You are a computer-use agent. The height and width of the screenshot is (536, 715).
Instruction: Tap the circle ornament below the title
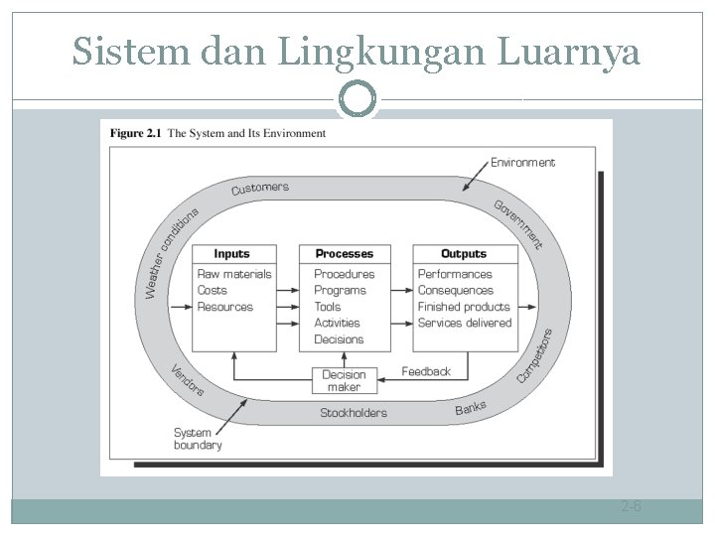pyautogui.click(x=357, y=99)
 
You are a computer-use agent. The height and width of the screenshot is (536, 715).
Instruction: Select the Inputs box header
pyautogui.click(x=231, y=254)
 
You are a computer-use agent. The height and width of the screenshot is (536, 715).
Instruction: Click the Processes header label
pyautogui.click(x=345, y=254)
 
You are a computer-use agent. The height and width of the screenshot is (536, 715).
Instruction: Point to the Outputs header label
pyautogui.click(x=464, y=254)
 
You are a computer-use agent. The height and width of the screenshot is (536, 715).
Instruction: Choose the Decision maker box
pyautogui.click(x=345, y=380)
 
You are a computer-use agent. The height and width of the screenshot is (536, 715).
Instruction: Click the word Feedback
pyautogui.click(x=426, y=371)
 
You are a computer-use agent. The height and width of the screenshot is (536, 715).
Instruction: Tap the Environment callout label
pyautogui.click(x=522, y=162)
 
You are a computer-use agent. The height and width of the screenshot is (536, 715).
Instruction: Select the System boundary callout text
pyautogui.click(x=198, y=439)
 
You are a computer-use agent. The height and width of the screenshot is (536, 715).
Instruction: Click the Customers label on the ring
pyautogui.click(x=260, y=188)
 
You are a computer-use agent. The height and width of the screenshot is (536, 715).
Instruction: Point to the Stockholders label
pyautogui.click(x=354, y=413)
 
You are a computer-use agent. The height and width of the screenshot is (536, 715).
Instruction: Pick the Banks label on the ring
pyautogui.click(x=471, y=408)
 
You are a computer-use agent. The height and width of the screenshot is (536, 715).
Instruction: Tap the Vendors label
pyautogui.click(x=187, y=380)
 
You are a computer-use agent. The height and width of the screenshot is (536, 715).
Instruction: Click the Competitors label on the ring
pyautogui.click(x=534, y=355)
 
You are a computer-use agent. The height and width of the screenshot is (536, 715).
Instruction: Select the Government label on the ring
pyautogui.click(x=519, y=223)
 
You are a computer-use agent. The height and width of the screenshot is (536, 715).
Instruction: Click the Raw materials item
pyautogui.click(x=234, y=274)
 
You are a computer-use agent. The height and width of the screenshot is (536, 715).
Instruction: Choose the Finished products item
pyautogui.click(x=464, y=307)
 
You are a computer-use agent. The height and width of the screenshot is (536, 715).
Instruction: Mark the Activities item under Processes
pyautogui.click(x=337, y=323)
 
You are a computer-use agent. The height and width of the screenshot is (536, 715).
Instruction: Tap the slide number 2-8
pyautogui.click(x=632, y=507)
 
